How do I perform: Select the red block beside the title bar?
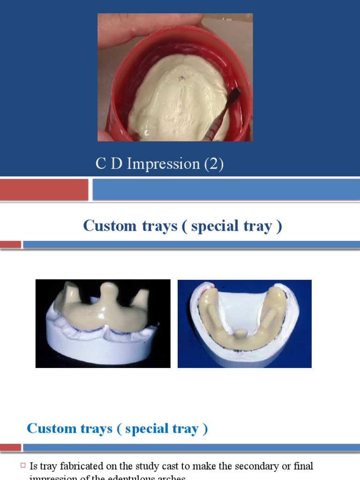click(44, 189)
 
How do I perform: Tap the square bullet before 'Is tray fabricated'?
click(23, 466)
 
